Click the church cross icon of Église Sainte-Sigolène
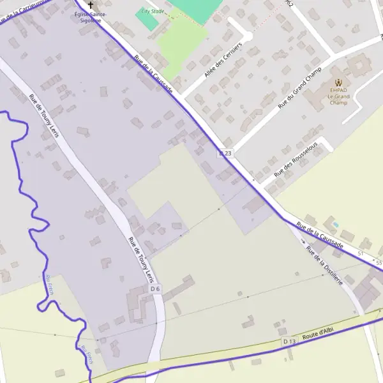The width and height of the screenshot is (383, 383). (91, 4)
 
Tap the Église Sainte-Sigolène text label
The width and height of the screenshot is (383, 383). (91, 17)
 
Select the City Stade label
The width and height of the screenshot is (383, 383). (152, 11)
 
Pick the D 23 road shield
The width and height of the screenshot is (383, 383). (226, 153)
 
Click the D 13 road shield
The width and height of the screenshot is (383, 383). (289, 342)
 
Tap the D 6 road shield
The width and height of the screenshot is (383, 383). (155, 289)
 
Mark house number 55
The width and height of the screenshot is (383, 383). (379, 263)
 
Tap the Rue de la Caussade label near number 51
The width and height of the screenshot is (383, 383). (320, 235)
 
